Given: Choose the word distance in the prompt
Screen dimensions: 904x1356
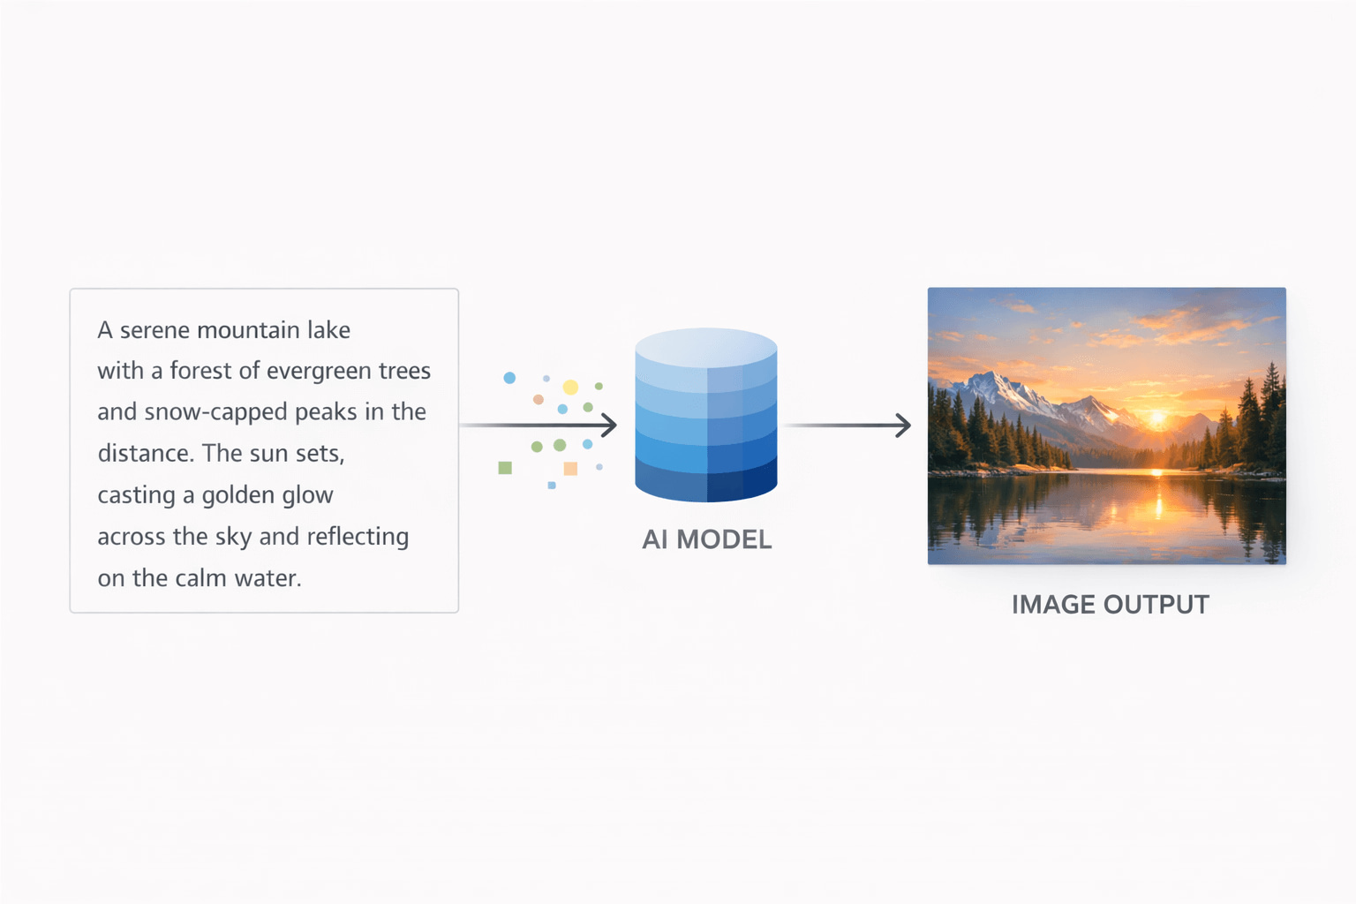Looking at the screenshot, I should point(144,454).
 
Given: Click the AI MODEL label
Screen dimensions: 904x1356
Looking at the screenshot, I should point(706,539).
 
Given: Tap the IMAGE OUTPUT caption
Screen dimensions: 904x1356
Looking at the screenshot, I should point(1110,605).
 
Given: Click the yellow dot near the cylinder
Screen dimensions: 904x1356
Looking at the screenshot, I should point(570,388).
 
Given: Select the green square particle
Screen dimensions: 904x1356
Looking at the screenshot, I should point(505,468).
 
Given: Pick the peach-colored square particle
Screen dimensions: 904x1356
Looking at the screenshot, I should point(570,469).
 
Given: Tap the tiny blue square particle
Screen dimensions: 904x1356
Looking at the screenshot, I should point(552,486).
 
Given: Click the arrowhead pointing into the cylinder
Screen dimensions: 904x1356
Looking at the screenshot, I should point(609,426).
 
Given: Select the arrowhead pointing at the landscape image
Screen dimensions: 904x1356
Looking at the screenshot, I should point(903,426).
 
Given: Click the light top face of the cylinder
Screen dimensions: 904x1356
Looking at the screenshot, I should point(706,346).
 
